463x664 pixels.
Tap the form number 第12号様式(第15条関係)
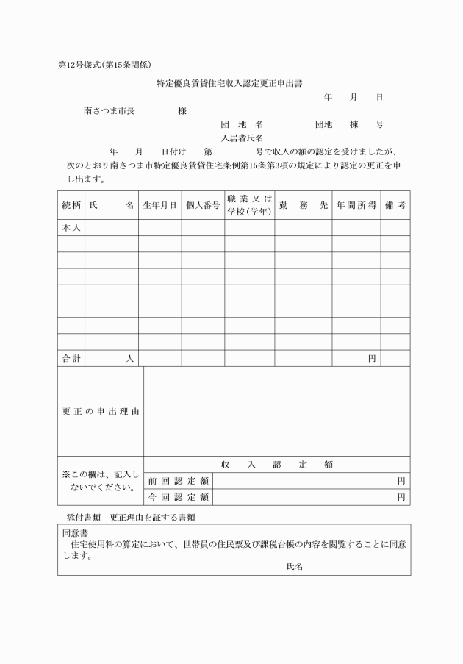click(105, 65)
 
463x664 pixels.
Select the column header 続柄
click(71, 207)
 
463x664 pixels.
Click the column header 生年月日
click(159, 207)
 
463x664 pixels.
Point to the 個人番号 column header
click(203, 207)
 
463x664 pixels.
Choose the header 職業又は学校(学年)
click(250, 206)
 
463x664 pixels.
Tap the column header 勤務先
click(303, 207)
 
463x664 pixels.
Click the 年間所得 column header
click(356, 207)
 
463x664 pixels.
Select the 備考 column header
click(395, 207)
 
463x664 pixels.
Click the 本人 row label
click(71, 228)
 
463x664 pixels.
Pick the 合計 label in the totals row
click(71, 358)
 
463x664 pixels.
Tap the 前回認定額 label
click(179, 480)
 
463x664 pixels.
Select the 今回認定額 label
click(179, 497)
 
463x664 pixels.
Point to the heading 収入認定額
click(276, 464)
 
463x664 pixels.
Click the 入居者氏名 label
click(243, 138)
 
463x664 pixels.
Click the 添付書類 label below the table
click(79, 517)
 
